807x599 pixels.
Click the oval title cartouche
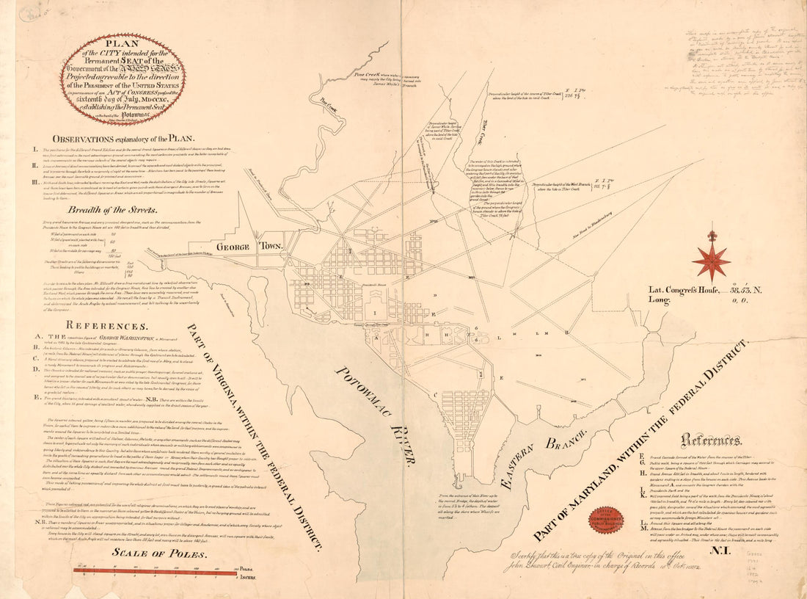123,79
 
